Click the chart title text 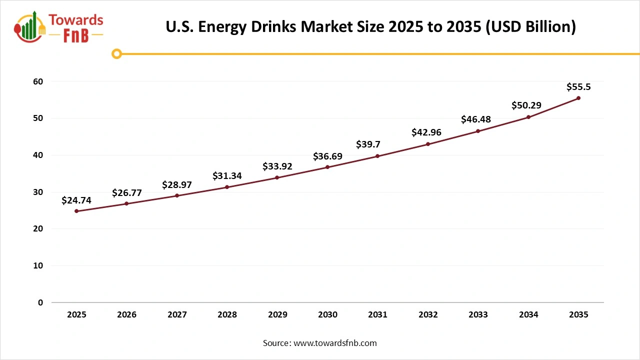point(370,26)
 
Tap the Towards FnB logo point(59,27)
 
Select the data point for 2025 point(76,211)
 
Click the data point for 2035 point(578,98)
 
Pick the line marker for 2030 point(327,167)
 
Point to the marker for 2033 point(478,131)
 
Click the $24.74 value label point(76,200)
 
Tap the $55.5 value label point(578,87)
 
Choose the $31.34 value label point(227,175)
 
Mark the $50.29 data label point(526,105)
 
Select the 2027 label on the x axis point(177,315)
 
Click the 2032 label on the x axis point(428,315)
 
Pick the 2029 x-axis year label point(277,315)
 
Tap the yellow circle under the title point(116,53)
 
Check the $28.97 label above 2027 point(177,185)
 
